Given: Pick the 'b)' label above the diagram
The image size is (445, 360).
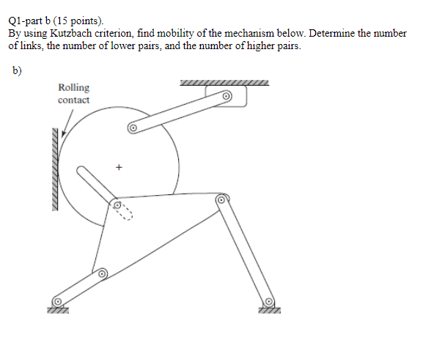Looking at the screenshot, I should (x=18, y=71).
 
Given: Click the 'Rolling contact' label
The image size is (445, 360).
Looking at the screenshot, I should (x=73, y=93).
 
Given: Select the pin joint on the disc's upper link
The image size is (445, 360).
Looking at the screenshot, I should (x=133, y=128).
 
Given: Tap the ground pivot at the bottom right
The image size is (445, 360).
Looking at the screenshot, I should (x=269, y=301).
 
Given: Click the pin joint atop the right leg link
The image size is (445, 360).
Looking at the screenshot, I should (x=221, y=199).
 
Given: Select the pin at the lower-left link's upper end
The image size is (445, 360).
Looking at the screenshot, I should (x=103, y=273).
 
